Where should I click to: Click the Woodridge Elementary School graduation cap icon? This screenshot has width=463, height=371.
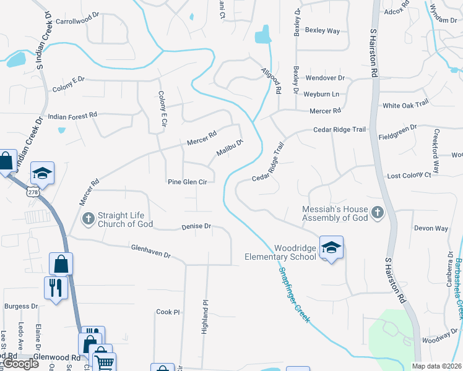[331, 247]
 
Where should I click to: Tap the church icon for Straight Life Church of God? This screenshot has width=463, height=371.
[89, 218]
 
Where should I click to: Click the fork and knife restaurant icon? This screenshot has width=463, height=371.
[56, 288]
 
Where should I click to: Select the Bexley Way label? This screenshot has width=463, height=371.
[322, 30]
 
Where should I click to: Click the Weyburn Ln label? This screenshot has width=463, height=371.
[321, 94]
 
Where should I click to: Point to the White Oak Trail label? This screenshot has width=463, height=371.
[405, 105]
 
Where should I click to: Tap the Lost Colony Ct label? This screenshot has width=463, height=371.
[409, 176]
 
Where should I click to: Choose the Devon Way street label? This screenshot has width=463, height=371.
[431, 228]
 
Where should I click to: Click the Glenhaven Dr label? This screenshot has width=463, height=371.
[150, 250]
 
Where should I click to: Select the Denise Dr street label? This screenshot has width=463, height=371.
[197, 227]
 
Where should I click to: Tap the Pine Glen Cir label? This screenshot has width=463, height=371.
[187, 182]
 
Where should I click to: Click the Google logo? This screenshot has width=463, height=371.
[21, 364]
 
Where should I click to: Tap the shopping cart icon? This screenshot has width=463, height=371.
[104, 363]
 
